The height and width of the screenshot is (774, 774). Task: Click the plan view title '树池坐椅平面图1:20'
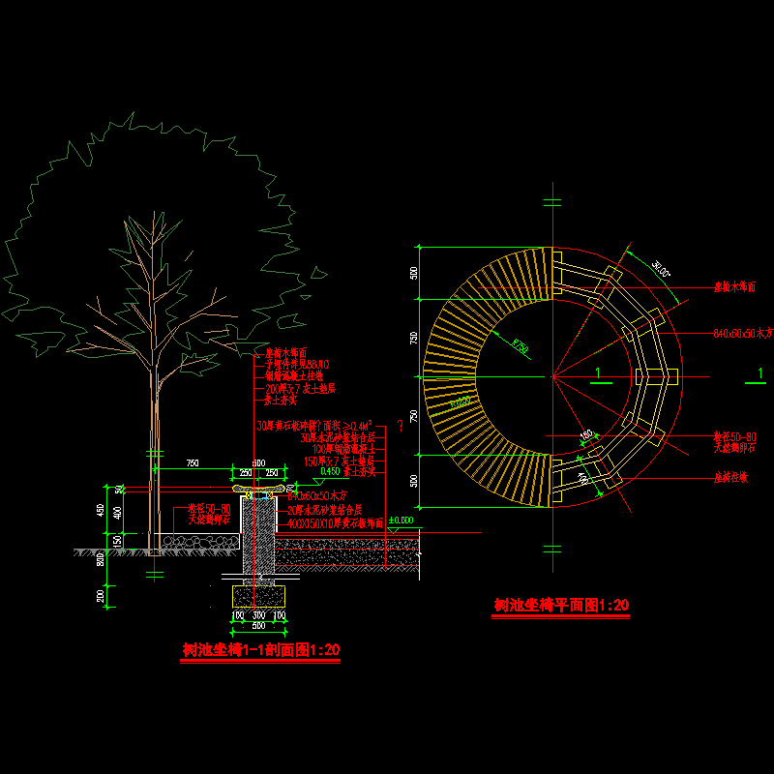coord(560,606)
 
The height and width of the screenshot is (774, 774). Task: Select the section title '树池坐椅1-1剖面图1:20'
coord(261,650)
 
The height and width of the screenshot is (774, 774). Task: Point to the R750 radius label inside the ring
coord(521,344)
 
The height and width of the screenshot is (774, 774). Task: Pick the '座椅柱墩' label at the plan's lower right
coord(731,477)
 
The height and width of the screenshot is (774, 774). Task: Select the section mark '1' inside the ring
coord(598,373)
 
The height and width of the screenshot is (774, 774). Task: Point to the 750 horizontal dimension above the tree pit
coord(193,464)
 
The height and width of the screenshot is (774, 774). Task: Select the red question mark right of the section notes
coord(400,426)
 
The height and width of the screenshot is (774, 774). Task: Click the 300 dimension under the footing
coord(259,615)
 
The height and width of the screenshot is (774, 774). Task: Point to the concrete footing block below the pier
coord(259,596)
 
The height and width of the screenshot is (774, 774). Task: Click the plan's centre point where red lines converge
coord(552,374)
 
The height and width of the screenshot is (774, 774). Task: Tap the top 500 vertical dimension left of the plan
coord(414,273)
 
